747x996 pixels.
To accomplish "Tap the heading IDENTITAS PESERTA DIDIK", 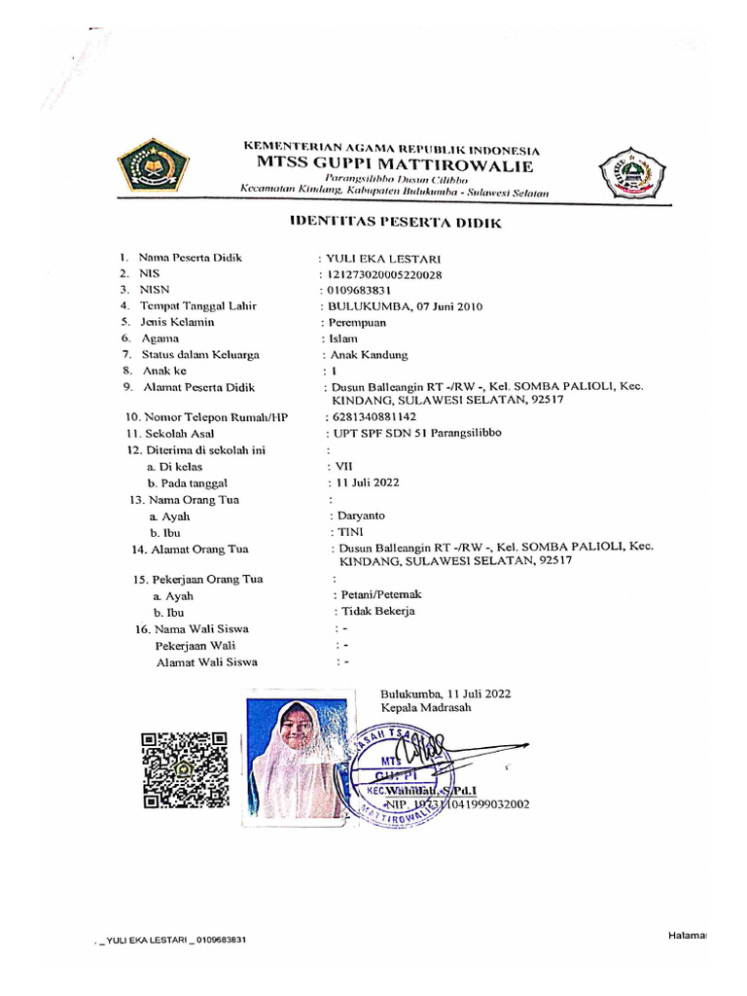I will (396, 223).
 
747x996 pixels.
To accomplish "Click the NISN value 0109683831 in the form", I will (358, 290).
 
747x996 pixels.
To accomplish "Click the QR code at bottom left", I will (184, 769).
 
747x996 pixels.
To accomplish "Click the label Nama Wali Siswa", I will (201, 628).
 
